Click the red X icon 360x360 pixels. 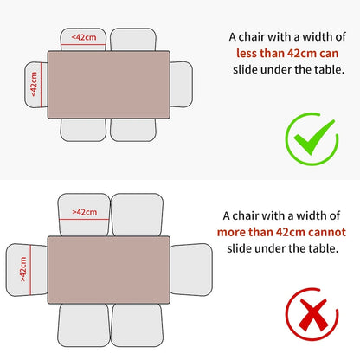(312, 314)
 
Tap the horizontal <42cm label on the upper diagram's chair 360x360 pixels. (84, 37)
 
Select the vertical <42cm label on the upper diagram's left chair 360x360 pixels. (34, 84)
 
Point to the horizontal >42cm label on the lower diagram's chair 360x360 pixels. (85, 212)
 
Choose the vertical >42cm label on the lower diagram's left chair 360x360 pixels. (23, 269)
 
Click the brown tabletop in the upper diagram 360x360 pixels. (109, 85)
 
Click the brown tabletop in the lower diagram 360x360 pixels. (109, 270)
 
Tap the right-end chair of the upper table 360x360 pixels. (182, 84)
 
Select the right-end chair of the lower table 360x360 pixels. (191, 270)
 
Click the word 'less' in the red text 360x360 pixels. (247, 54)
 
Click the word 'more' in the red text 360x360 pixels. (231, 232)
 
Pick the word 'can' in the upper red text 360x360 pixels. (329, 54)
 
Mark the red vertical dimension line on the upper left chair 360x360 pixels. (41, 85)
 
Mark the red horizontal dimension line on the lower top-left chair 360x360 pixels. (84, 219)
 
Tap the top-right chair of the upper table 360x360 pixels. (133, 40)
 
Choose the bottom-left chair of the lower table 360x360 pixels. (84, 325)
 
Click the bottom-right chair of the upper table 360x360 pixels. (133, 130)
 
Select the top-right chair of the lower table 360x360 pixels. (137, 215)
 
